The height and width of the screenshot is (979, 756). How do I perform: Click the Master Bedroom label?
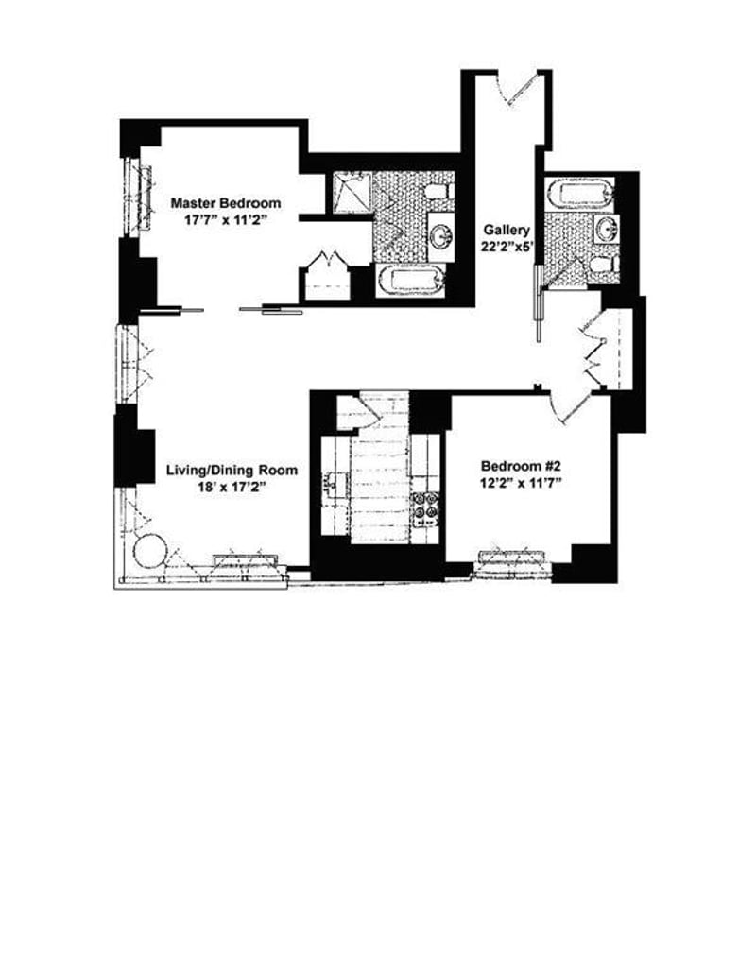click(225, 202)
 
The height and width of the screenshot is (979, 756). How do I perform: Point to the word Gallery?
click(507, 230)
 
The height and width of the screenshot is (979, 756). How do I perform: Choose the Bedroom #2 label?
click(520, 466)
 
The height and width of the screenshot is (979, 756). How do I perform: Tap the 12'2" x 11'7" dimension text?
click(520, 484)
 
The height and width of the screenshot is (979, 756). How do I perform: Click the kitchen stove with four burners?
click(426, 506)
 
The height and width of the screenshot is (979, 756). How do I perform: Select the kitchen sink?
click(332, 486)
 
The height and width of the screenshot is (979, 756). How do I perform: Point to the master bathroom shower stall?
click(349, 194)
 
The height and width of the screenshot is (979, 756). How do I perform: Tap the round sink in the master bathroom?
click(440, 234)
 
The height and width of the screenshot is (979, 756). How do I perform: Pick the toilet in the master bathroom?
click(435, 192)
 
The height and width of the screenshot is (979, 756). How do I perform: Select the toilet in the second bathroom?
click(601, 263)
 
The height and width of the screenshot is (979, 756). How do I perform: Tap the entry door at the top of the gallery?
click(523, 90)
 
